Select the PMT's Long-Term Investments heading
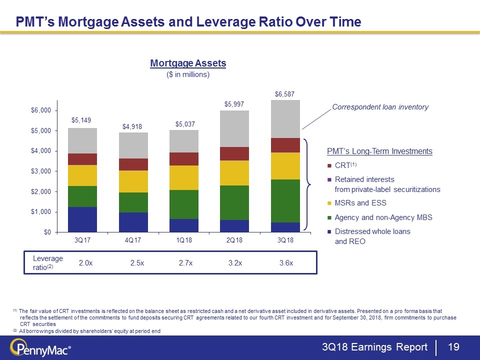pyautogui.click(x=379, y=151)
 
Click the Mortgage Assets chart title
pyautogui.click(x=188, y=63)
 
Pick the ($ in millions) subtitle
pyautogui.click(x=188, y=75)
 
